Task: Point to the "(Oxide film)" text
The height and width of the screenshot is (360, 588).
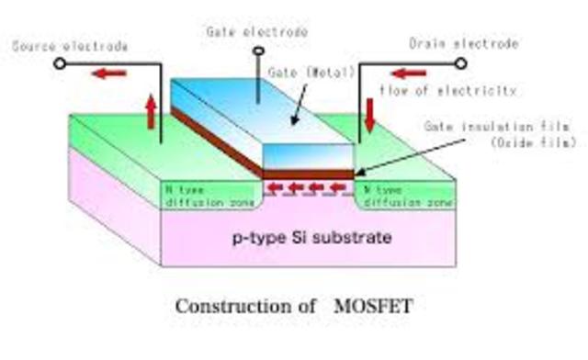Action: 497,142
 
